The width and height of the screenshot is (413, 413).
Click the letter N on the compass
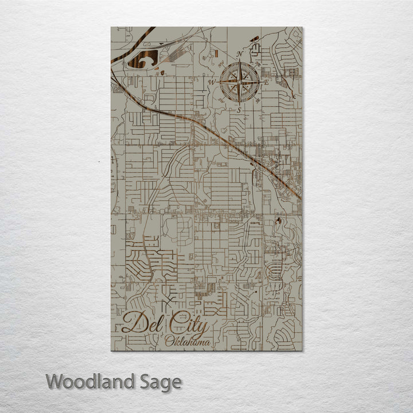coord(240,55)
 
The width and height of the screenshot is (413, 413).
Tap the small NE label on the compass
coord(258,64)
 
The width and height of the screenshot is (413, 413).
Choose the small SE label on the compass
coord(258,101)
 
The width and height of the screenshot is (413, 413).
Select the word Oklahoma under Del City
coord(186,342)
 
